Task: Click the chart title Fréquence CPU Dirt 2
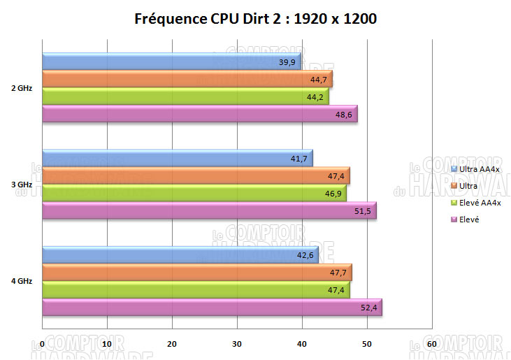(255, 19)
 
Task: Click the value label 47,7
(338, 273)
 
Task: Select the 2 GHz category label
(21, 88)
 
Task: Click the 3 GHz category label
(21, 185)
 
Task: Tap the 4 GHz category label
(21, 281)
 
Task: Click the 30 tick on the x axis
(237, 344)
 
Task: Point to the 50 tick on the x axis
(367, 344)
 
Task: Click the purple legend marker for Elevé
(454, 219)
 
